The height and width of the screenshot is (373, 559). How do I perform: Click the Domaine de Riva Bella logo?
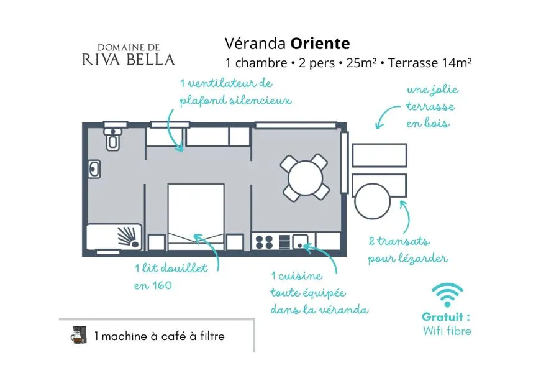(129, 55)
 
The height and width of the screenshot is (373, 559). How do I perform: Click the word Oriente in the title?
(320, 44)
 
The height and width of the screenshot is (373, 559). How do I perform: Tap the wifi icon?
(447, 295)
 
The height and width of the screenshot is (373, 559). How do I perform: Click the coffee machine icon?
(79, 335)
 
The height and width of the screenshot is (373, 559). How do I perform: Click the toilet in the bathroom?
(113, 139)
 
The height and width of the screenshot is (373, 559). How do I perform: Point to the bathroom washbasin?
(94, 169)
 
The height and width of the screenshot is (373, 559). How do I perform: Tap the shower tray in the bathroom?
(114, 237)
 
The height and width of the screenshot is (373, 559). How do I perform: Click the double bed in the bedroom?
(196, 217)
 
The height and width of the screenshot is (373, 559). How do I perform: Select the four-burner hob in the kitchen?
(264, 242)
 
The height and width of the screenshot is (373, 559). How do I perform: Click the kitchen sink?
(300, 242)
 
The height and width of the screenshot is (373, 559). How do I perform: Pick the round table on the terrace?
(372, 201)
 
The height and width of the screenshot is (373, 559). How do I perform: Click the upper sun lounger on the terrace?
(379, 155)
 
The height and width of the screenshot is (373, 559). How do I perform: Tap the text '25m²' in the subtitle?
(361, 63)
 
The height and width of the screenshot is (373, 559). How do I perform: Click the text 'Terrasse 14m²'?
(430, 63)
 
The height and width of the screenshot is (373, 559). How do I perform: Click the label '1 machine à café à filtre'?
(160, 336)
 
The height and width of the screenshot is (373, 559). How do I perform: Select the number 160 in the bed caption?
(162, 285)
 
